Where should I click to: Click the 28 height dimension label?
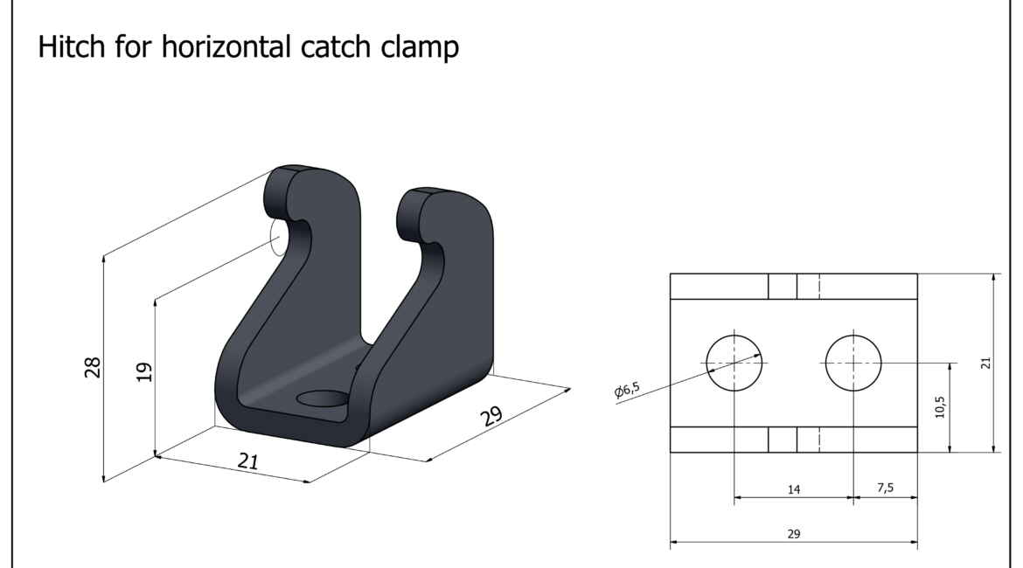click(x=93, y=367)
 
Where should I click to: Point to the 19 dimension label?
click(x=144, y=371)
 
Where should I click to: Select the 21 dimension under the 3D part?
click(x=248, y=461)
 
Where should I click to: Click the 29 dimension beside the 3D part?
click(x=492, y=415)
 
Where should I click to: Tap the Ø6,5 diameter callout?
click(x=627, y=390)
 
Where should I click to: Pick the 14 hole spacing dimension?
click(x=794, y=489)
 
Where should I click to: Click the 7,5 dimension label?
click(x=886, y=488)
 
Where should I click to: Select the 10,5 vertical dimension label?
click(x=939, y=407)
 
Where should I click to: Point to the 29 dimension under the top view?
click(x=794, y=533)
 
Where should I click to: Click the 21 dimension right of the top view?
click(x=985, y=363)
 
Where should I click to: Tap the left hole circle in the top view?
click(x=734, y=363)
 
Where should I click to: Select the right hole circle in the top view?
click(x=853, y=363)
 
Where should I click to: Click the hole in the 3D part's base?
click(x=323, y=398)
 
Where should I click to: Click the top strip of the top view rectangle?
click(x=794, y=287)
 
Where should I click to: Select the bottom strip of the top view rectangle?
click(x=794, y=440)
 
